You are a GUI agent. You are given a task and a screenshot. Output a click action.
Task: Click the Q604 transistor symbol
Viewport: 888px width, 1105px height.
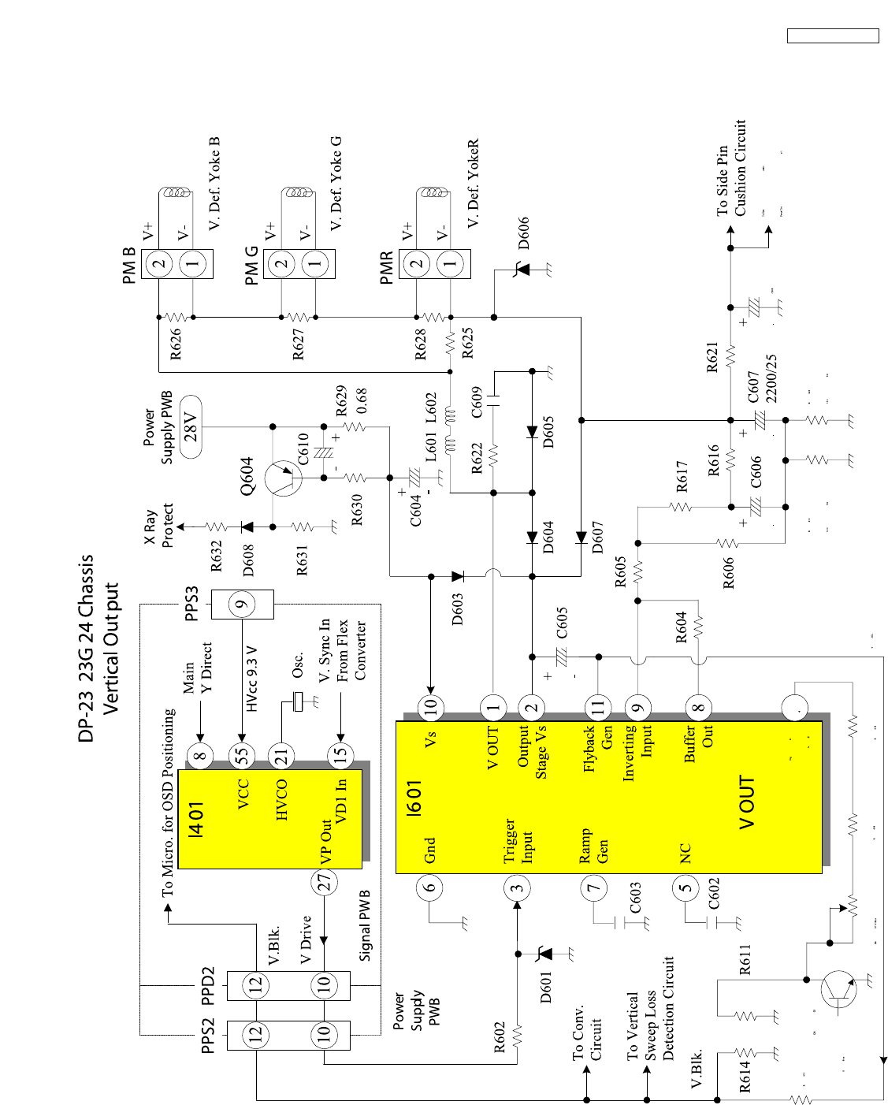(282, 478)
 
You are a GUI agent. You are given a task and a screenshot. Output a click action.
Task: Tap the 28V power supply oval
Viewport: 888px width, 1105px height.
(191, 426)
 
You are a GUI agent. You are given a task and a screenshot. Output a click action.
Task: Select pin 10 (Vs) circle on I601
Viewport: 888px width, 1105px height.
(430, 707)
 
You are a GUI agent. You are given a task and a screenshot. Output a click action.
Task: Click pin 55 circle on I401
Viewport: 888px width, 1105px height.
(242, 755)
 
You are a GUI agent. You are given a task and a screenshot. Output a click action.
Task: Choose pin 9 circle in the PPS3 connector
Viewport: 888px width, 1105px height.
(242, 605)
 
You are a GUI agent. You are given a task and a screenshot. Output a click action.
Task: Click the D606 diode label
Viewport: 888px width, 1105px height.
(524, 233)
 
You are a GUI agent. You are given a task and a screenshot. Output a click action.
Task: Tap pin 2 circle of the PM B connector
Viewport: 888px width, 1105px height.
(159, 263)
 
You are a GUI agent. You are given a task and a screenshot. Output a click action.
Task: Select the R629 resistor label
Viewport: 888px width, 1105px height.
(341, 401)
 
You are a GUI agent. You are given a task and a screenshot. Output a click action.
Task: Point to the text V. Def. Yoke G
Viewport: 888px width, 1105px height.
(336, 183)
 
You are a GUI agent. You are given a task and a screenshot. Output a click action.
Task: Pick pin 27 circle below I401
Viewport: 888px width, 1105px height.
(324, 883)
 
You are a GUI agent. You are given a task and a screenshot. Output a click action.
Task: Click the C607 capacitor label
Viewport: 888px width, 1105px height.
(754, 386)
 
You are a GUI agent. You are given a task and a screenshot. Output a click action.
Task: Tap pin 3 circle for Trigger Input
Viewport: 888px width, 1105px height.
(516, 888)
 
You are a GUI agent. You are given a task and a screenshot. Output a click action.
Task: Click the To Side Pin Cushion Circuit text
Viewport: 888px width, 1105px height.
(731, 168)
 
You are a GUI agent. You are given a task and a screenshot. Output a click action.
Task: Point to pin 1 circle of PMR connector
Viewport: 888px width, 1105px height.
(451, 263)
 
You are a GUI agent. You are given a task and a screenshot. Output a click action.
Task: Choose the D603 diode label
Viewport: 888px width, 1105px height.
(458, 608)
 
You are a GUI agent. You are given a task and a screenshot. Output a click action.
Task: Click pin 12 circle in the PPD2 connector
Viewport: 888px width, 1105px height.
(255, 984)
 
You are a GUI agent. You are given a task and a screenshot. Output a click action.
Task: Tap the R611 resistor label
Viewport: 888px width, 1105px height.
(745, 959)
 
